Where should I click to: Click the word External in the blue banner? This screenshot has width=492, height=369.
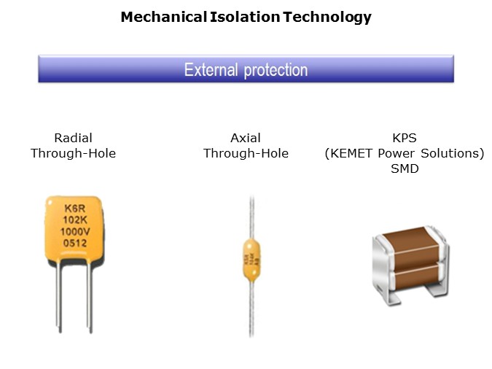(211, 70)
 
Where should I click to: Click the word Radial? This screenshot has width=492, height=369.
(73, 137)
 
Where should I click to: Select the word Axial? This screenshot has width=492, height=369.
(246, 137)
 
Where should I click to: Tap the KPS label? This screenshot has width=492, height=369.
(404, 137)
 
